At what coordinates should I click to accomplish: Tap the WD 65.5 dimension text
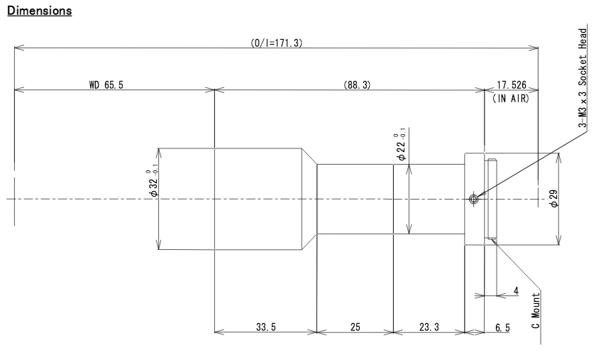(x=108, y=84)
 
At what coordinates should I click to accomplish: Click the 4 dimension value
(x=516, y=290)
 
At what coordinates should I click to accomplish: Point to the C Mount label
(x=536, y=310)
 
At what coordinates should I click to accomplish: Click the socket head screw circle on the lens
(x=474, y=200)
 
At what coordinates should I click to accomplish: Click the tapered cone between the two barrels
(x=309, y=199)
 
